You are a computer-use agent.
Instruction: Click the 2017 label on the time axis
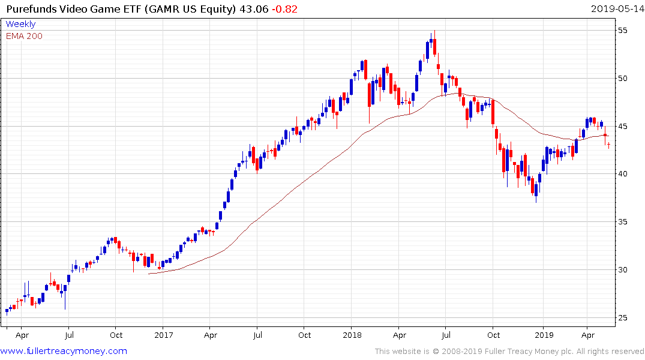coord(163,335)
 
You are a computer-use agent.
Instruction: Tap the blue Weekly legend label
coord(20,24)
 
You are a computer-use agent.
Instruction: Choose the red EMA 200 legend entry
coord(24,36)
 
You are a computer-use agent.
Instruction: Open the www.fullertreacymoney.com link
coord(64,351)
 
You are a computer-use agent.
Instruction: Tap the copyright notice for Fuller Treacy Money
coord(509,351)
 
